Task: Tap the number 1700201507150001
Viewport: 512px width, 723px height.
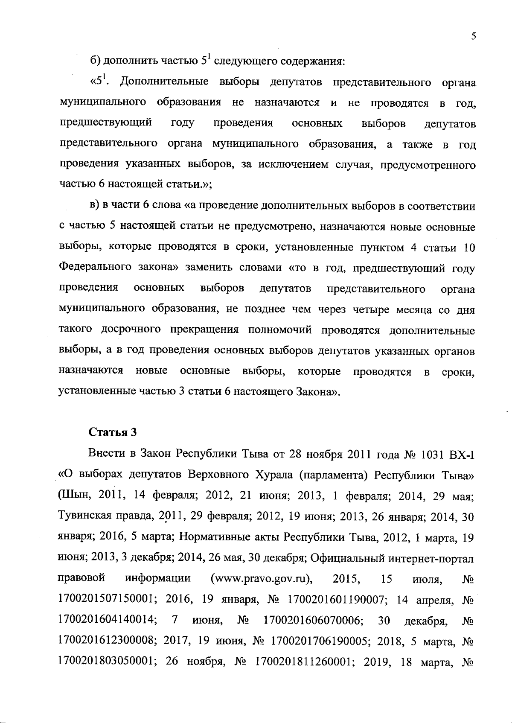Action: tap(106, 599)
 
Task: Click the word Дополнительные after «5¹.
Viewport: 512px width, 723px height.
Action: tap(164, 82)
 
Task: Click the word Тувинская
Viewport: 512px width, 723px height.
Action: tap(82, 517)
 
